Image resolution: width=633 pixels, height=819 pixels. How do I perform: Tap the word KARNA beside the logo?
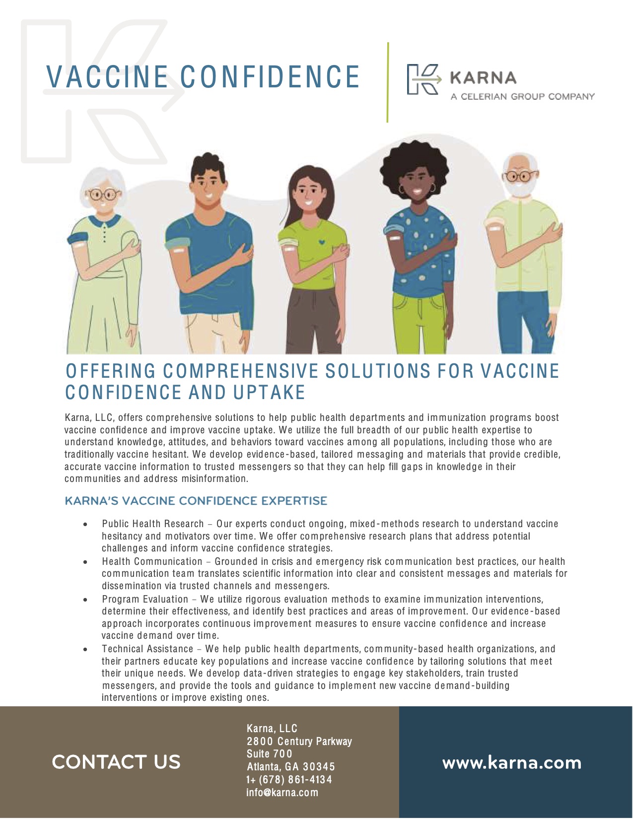[x=483, y=78]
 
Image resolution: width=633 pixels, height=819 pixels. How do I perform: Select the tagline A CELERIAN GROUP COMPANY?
[x=522, y=96]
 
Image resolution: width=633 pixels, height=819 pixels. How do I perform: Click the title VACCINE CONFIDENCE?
[x=203, y=77]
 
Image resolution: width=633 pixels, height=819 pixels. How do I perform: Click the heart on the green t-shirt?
[x=322, y=242]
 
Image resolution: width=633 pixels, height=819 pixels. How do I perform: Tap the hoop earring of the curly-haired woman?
[x=431, y=188]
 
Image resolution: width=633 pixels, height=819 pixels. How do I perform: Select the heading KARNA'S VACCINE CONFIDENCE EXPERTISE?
[x=196, y=501]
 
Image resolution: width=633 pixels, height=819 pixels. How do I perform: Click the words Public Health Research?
[x=153, y=524]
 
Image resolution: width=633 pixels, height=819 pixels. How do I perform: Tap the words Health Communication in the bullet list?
[x=152, y=562]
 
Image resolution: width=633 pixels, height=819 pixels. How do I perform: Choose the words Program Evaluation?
[x=145, y=600]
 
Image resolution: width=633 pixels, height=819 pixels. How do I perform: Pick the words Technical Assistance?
[x=147, y=649]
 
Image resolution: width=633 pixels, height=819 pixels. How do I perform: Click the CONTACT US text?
[x=116, y=762]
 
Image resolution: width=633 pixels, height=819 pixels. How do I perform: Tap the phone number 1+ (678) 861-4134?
[x=289, y=780]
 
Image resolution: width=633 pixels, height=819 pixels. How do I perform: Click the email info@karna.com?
[x=282, y=793]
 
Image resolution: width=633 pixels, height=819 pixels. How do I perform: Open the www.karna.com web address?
[x=511, y=763]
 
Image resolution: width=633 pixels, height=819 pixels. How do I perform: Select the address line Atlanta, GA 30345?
[x=291, y=767]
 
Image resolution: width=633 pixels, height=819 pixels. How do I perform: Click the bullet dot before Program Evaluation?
[x=86, y=600]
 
